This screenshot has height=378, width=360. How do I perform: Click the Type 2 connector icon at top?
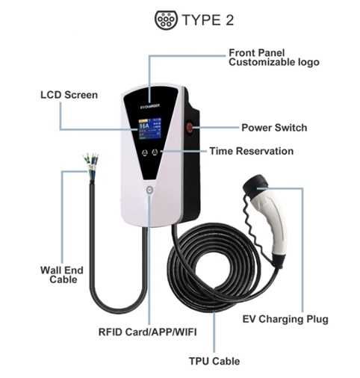(166, 19)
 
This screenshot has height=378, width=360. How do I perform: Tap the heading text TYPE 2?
(208, 20)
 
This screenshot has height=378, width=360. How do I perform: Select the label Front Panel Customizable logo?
(274, 58)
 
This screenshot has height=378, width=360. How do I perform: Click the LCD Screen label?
(69, 95)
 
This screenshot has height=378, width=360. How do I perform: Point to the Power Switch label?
(274, 128)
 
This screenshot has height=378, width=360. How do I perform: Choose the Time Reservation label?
(251, 151)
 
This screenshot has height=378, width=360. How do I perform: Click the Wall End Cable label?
(62, 275)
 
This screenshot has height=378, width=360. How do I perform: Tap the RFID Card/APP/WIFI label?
(148, 332)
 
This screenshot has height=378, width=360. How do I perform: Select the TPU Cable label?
(214, 361)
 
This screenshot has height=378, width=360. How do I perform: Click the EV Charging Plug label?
(285, 319)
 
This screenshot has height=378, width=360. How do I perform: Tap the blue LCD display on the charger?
(150, 128)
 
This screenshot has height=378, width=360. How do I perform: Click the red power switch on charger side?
(190, 127)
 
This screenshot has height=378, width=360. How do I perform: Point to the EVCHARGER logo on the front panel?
(150, 106)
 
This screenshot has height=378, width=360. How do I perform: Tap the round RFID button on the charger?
(149, 190)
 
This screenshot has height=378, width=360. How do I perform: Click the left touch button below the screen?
(145, 152)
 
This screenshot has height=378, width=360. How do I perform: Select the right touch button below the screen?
(155, 152)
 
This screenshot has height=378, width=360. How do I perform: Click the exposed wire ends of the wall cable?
(91, 163)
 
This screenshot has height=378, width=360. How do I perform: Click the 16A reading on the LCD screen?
(144, 126)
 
